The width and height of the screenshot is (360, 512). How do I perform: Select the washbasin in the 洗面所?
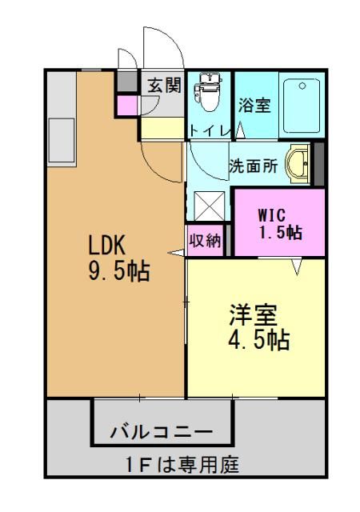[x=298, y=163]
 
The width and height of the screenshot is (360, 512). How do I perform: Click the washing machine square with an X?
[x=209, y=206]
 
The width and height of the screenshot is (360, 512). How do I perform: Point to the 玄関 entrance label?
[x=164, y=86]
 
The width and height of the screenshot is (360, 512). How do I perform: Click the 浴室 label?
[x=254, y=105]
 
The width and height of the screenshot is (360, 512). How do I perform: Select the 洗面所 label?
[x=253, y=166]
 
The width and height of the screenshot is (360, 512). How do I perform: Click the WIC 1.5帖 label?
[x=280, y=224]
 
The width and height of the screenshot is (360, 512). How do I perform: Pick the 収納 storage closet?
[x=205, y=241]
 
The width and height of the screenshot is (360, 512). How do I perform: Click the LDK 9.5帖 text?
[x=119, y=258]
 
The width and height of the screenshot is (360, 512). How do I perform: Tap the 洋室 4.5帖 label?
[x=259, y=327]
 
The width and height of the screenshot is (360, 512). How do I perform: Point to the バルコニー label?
[x=162, y=432]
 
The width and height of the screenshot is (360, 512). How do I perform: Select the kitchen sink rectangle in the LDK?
[x=62, y=140]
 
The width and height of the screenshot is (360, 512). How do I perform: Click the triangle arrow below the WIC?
[x=297, y=266]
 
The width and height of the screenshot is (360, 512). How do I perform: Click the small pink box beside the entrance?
[x=126, y=106]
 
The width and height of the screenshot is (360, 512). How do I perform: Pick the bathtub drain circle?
[x=302, y=86]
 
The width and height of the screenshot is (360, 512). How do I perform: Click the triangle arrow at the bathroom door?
[x=241, y=130]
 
